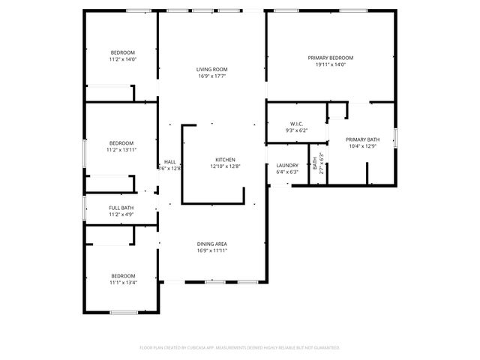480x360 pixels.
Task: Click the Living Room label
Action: (212, 69)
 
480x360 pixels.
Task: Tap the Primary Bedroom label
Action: (330, 58)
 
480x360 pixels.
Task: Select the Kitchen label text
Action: (225, 160)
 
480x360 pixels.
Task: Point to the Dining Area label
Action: (212, 244)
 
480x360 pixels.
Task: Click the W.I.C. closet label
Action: (295, 124)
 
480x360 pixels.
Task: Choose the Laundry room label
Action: (287, 165)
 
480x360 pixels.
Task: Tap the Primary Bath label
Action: (362, 139)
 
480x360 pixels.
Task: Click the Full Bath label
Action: (121, 208)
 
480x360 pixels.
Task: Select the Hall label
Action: (170, 162)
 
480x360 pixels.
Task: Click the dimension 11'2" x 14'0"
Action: (122, 58)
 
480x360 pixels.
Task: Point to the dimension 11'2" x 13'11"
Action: (121, 150)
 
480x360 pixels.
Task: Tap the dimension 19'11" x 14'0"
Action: (330, 64)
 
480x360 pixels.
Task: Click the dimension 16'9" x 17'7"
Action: (212, 76)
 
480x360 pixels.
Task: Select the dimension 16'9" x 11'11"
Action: (212, 250)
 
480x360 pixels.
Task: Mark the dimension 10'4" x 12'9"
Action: (362, 146)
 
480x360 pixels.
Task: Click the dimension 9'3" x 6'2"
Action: (295, 130)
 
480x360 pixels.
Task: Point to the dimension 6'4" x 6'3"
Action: (287, 172)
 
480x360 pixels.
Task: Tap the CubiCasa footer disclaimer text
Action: (240, 347)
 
